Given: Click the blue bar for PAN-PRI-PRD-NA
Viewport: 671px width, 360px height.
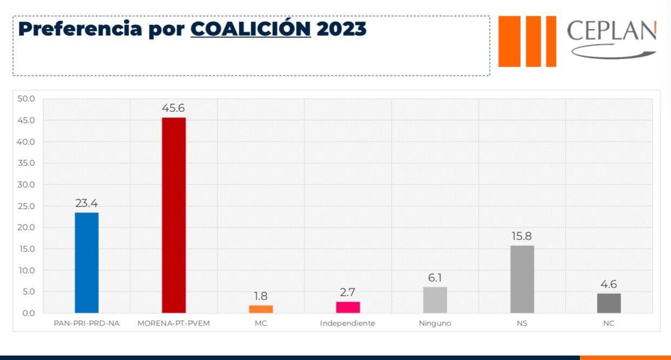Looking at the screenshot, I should [86, 263].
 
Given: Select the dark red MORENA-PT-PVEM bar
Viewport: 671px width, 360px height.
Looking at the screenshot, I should [173, 215].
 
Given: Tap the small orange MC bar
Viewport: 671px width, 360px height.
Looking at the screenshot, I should [261, 309].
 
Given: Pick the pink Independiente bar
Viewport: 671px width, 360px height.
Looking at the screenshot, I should [348, 307].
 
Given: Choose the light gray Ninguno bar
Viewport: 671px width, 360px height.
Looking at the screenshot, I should [435, 300].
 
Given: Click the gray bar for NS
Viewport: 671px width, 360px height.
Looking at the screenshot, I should [522, 279].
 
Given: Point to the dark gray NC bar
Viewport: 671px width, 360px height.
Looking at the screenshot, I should [609, 303].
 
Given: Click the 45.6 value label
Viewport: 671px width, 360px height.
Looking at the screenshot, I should [173, 108].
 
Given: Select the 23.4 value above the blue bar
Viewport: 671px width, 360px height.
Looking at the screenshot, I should [86, 203].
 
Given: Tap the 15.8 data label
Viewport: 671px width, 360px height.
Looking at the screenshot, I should [522, 236].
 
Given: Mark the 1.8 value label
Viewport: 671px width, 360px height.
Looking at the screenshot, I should [261, 296].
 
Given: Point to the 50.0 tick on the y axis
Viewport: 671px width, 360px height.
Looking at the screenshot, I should [26, 99].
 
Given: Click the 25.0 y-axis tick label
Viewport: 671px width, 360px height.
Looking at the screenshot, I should [26, 206].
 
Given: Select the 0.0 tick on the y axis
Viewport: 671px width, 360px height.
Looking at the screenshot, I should [28, 313].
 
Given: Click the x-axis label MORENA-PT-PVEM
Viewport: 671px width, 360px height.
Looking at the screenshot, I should [173, 323].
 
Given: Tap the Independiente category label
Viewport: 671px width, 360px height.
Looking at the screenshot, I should [347, 323].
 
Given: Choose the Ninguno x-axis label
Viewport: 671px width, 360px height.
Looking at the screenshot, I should [435, 323].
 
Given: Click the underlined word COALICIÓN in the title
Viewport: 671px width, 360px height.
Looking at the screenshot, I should [251, 29].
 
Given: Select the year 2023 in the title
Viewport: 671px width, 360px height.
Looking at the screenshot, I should [341, 29].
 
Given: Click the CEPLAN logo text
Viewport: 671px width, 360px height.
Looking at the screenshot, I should [611, 31].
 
